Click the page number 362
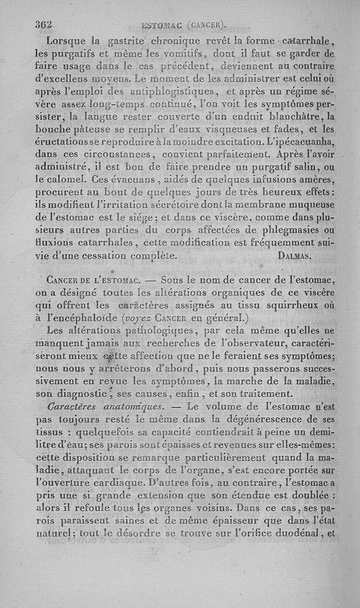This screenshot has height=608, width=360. pyautogui.click(x=44, y=25)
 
